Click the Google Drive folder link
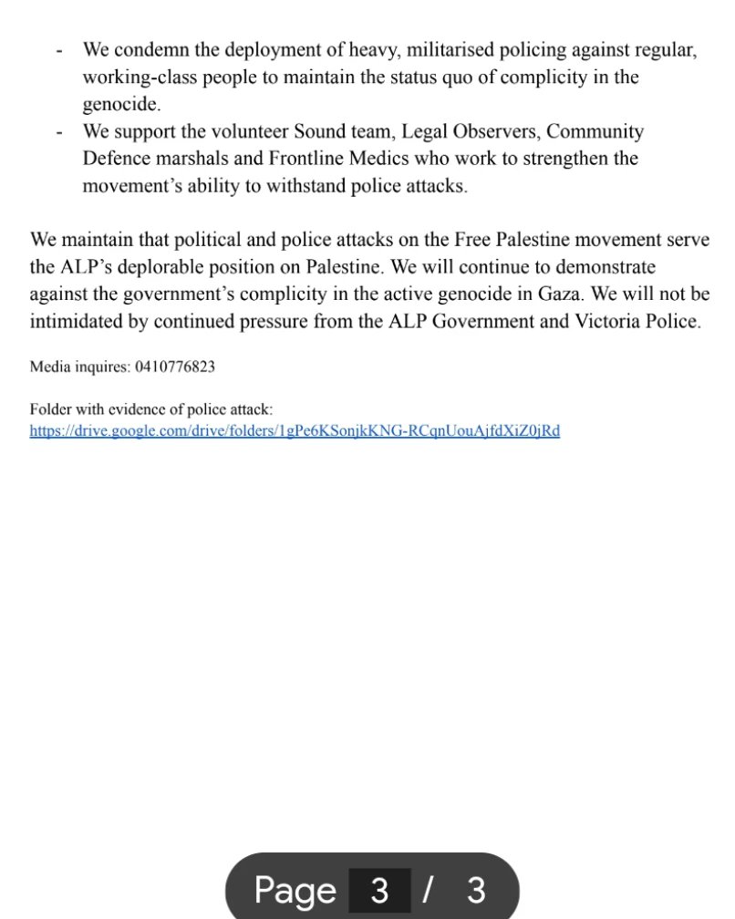294,430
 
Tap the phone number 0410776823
174,367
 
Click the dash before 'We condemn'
58,51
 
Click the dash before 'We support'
58,132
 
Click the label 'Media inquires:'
79,367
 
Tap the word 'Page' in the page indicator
295,890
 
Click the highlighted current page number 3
379,890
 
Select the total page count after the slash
476,890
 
